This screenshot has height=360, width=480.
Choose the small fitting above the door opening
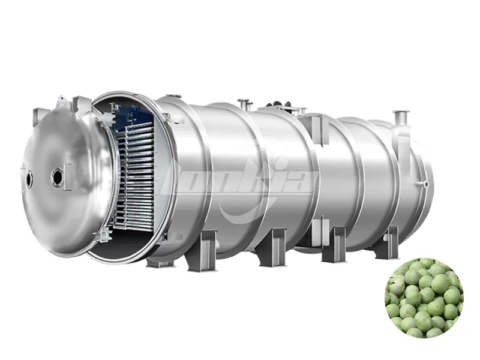[x=170, y=96]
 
